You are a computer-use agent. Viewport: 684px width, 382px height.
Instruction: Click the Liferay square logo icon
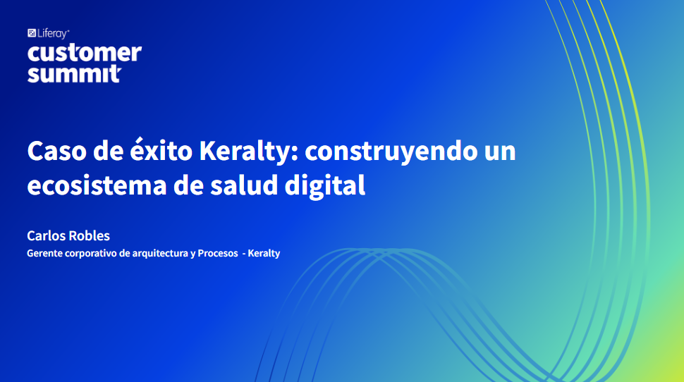[x=32, y=33]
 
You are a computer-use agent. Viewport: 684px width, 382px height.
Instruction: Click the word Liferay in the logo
[x=52, y=34]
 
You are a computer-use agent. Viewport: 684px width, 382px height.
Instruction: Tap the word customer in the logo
[x=85, y=53]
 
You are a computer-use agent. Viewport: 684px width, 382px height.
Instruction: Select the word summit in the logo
[x=74, y=74]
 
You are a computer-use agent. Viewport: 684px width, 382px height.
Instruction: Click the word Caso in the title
[x=56, y=151]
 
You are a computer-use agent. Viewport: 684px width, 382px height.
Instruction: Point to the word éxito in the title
[x=161, y=149]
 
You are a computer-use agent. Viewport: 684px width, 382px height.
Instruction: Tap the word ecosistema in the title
[x=97, y=185]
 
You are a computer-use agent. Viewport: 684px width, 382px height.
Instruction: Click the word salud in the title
[x=244, y=185]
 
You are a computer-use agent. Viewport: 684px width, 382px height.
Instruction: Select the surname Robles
[x=90, y=236]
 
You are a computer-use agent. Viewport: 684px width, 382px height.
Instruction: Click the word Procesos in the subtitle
[x=218, y=253]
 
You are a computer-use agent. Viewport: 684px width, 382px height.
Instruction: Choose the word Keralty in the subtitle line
[x=264, y=254]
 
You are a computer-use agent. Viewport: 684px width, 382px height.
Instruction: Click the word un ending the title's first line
[x=500, y=153]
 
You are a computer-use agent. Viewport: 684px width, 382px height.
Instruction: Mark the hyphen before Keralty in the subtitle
[x=244, y=254]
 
